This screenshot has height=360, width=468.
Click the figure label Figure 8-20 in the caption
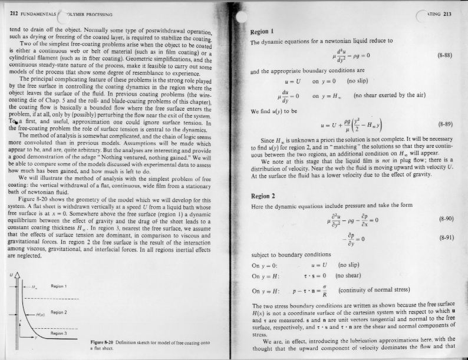tap(108, 341)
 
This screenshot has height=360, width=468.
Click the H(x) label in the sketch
tap(42, 316)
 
